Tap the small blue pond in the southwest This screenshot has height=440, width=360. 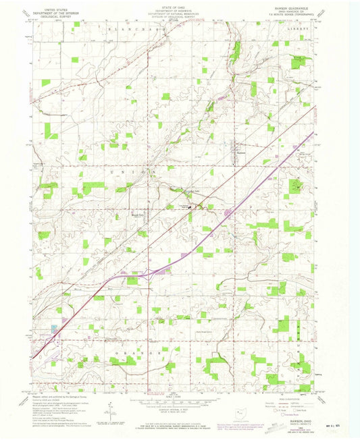point(53,330)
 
